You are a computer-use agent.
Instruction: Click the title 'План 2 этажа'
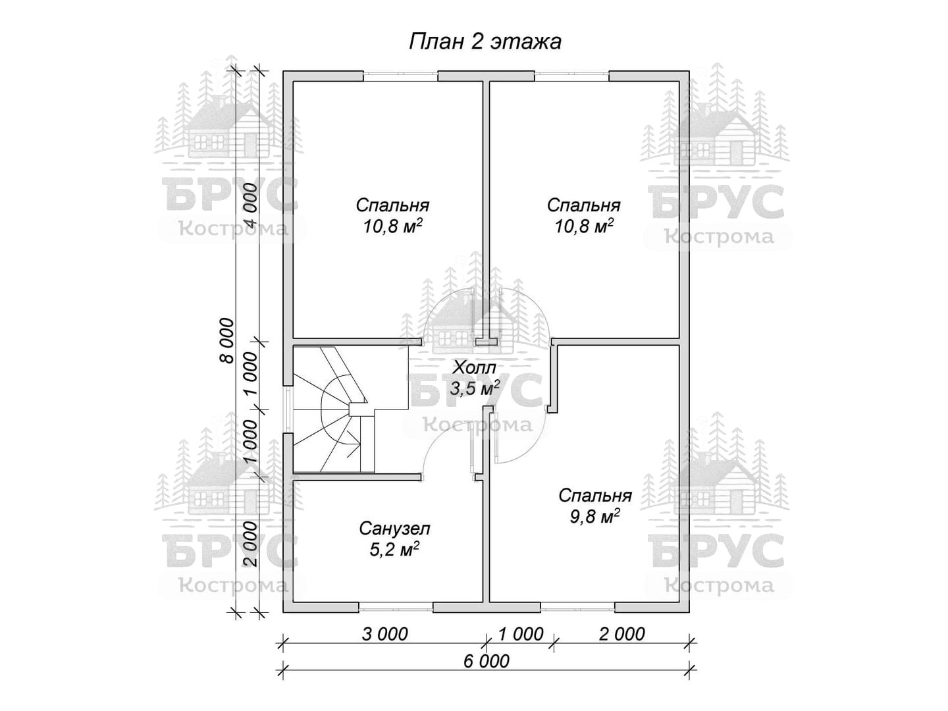pyautogui.click(x=485, y=42)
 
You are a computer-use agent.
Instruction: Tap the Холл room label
pyautogui.click(x=474, y=368)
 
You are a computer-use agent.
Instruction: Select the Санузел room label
pyautogui.click(x=394, y=529)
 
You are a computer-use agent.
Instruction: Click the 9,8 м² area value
pyautogui.click(x=595, y=516)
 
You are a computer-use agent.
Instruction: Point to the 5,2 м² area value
pyautogui.click(x=394, y=549)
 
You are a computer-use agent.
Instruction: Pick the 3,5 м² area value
pyautogui.click(x=475, y=388)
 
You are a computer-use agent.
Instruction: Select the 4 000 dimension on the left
pyautogui.click(x=251, y=205)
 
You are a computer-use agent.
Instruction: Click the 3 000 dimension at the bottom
pyautogui.click(x=384, y=635)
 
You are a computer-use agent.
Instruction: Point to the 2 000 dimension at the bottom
pyautogui.click(x=622, y=635)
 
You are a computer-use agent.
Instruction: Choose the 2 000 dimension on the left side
pyautogui.click(x=251, y=544)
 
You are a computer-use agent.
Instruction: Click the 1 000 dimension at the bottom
pyautogui.click(x=521, y=635)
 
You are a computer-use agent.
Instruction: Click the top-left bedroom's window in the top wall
pyautogui.click(x=400, y=76)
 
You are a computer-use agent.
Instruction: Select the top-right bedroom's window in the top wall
pyautogui.click(x=572, y=76)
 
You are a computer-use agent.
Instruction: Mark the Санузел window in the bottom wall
pyautogui.click(x=396, y=608)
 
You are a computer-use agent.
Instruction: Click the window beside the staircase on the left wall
pyautogui.click(x=288, y=408)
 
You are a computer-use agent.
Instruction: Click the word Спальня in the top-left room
pyautogui.click(x=392, y=205)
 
